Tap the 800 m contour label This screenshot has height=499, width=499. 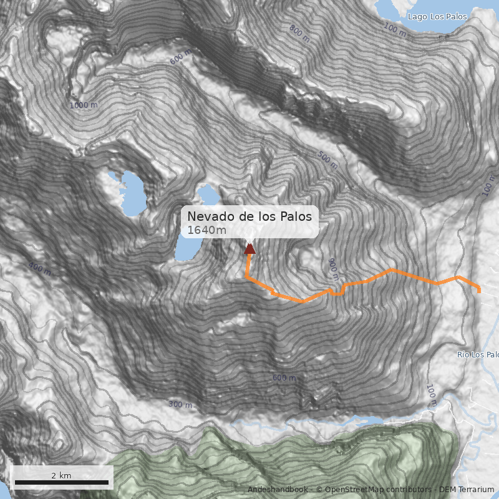[299, 33]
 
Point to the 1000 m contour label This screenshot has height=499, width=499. [83, 105]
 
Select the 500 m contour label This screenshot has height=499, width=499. [327, 160]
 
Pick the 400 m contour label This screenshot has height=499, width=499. [40, 269]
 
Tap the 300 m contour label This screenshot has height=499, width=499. [180, 405]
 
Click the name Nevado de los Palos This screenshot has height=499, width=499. [249, 216]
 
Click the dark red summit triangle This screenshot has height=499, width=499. [249, 249]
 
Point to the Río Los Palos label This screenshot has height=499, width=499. [478, 355]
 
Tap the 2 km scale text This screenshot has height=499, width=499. [61, 475]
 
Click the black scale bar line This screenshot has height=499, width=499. [61, 483]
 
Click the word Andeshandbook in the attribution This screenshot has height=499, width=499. [278, 490]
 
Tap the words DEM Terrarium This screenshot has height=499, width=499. [467, 490]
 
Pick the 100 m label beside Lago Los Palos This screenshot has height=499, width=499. [394, 28]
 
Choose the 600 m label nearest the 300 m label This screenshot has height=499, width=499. [284, 378]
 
